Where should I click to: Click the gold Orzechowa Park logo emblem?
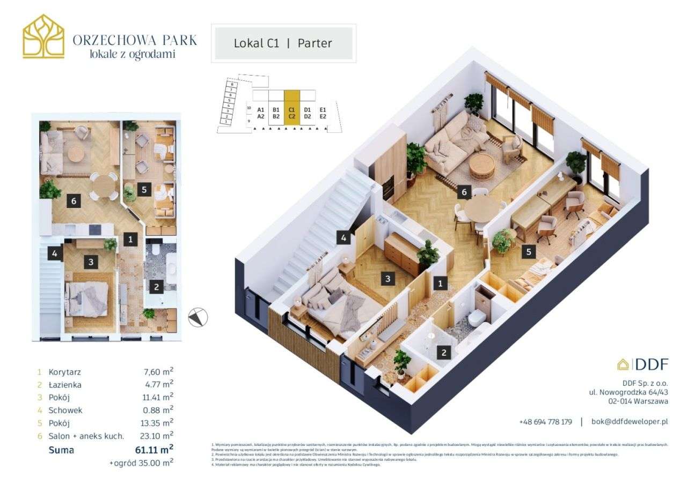click(x=43, y=36)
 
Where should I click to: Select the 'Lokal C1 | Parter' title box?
click(x=283, y=43)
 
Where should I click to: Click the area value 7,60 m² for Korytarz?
click(x=156, y=372)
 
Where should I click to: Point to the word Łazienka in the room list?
click(x=65, y=385)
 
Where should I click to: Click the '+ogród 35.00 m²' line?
click(x=141, y=461)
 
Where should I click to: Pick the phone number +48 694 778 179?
click(x=545, y=422)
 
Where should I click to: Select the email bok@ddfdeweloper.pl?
click(x=630, y=422)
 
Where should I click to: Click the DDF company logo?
click(x=642, y=364)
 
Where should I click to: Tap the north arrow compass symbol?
click(x=198, y=317)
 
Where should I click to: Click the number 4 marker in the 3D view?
click(x=343, y=237)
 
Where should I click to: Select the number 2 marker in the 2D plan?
click(x=156, y=287)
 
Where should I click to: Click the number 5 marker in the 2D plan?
click(x=142, y=189)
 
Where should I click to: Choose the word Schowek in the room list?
click(x=65, y=411)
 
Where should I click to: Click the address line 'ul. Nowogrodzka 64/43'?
click(x=628, y=392)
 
